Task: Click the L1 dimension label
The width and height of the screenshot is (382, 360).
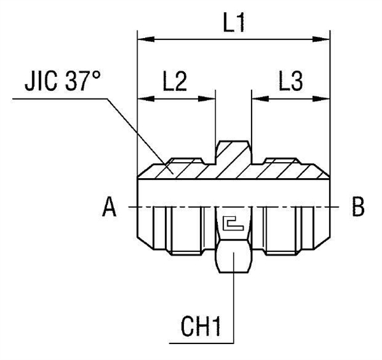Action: click(x=234, y=23)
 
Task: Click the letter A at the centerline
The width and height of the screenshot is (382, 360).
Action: click(x=110, y=208)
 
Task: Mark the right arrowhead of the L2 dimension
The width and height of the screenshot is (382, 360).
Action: click(x=209, y=99)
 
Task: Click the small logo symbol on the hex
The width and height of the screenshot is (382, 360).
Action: click(x=234, y=224)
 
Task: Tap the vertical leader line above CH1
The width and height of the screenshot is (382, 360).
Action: click(x=234, y=305)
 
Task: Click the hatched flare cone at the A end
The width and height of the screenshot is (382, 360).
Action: click(x=150, y=170)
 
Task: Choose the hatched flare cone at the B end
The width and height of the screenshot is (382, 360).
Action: click(x=318, y=170)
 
